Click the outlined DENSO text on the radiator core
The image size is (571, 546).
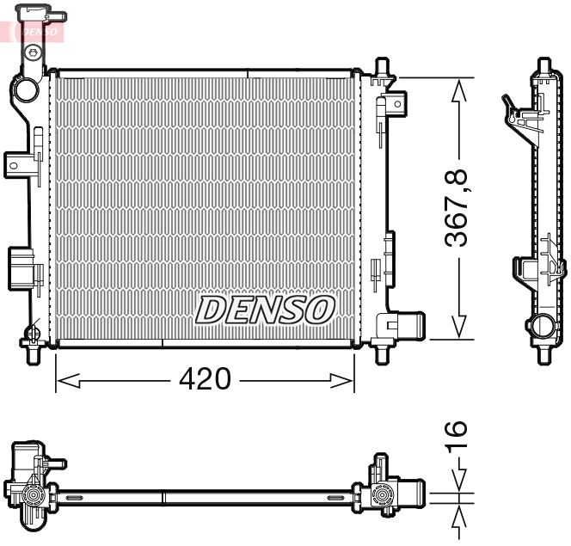coord(264,310)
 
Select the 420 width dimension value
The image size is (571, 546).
coord(207,379)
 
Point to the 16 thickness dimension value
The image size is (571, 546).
coord(458,435)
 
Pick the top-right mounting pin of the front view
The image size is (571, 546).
coord(382,67)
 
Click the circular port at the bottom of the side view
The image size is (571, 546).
coord(541,327)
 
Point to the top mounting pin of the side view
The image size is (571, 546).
coord(543,66)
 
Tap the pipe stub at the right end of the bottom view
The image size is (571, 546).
coord(411,495)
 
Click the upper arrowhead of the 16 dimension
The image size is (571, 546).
coord(461,481)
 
